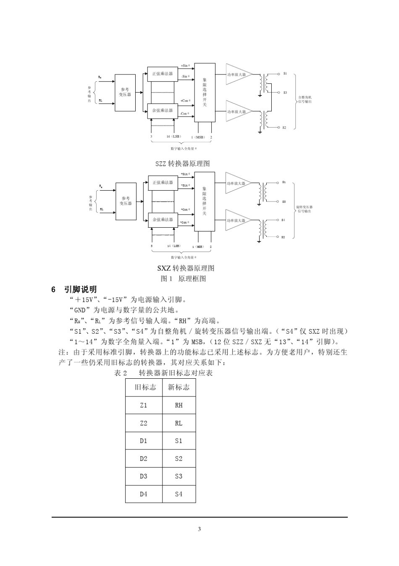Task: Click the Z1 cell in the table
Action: coord(144,405)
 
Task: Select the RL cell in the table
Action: coord(178,423)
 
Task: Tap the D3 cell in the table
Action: coord(144,476)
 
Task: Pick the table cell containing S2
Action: coord(178,458)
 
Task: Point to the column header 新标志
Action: coord(178,387)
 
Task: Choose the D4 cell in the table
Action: coord(144,494)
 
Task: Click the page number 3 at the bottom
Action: coord(199,529)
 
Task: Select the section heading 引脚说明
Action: coord(80,289)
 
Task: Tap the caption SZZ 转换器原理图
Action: coord(183,163)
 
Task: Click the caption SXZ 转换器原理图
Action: coord(186,268)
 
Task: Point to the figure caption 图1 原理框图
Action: coord(184,279)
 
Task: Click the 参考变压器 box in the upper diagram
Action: coord(126,93)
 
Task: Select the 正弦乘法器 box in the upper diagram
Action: coord(163,74)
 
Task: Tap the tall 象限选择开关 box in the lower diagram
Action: coord(205,201)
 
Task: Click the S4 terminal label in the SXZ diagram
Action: coord(283,220)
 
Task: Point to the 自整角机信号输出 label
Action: coord(305,99)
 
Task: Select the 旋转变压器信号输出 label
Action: coord(304,209)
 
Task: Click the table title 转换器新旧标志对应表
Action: coord(176,373)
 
